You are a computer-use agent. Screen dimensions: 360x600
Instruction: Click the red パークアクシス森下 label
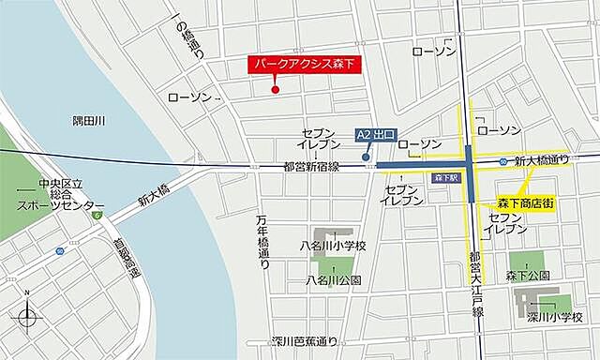306,66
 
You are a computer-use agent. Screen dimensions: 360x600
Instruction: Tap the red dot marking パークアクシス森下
275,90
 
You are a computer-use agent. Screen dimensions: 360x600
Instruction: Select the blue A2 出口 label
378,135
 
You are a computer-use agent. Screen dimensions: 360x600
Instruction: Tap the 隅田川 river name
90,121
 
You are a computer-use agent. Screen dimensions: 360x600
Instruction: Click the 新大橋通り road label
547,161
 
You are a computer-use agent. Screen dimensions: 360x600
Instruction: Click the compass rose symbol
28,319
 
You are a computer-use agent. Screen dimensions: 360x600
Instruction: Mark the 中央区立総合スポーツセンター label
60,193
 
